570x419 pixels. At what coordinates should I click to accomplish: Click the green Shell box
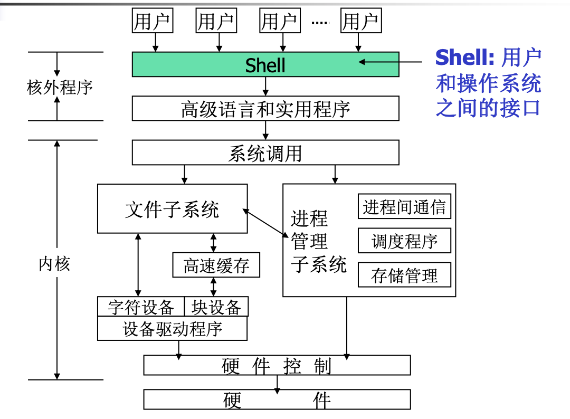(x=265, y=64)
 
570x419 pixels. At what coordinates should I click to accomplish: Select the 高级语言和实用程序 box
(x=265, y=109)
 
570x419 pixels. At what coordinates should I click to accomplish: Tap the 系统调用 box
(x=265, y=153)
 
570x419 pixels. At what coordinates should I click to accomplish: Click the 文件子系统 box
(x=172, y=209)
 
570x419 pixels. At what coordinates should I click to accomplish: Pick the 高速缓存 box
(x=216, y=265)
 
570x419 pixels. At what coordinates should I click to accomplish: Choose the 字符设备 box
(x=140, y=307)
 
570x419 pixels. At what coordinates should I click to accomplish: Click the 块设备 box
(x=216, y=307)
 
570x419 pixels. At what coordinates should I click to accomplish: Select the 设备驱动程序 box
(x=172, y=329)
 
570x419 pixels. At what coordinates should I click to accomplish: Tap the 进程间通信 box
(x=404, y=207)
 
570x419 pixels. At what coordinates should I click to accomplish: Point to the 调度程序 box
(x=404, y=241)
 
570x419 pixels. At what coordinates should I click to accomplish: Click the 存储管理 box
(x=404, y=275)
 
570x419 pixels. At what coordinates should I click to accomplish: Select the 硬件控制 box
(x=277, y=365)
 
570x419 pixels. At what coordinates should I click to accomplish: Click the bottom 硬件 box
(x=277, y=400)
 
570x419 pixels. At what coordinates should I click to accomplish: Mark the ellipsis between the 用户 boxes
(x=320, y=22)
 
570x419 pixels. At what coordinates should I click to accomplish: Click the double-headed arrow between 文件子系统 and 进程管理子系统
(x=266, y=222)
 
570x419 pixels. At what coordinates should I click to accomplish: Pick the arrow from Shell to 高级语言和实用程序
(x=265, y=87)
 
